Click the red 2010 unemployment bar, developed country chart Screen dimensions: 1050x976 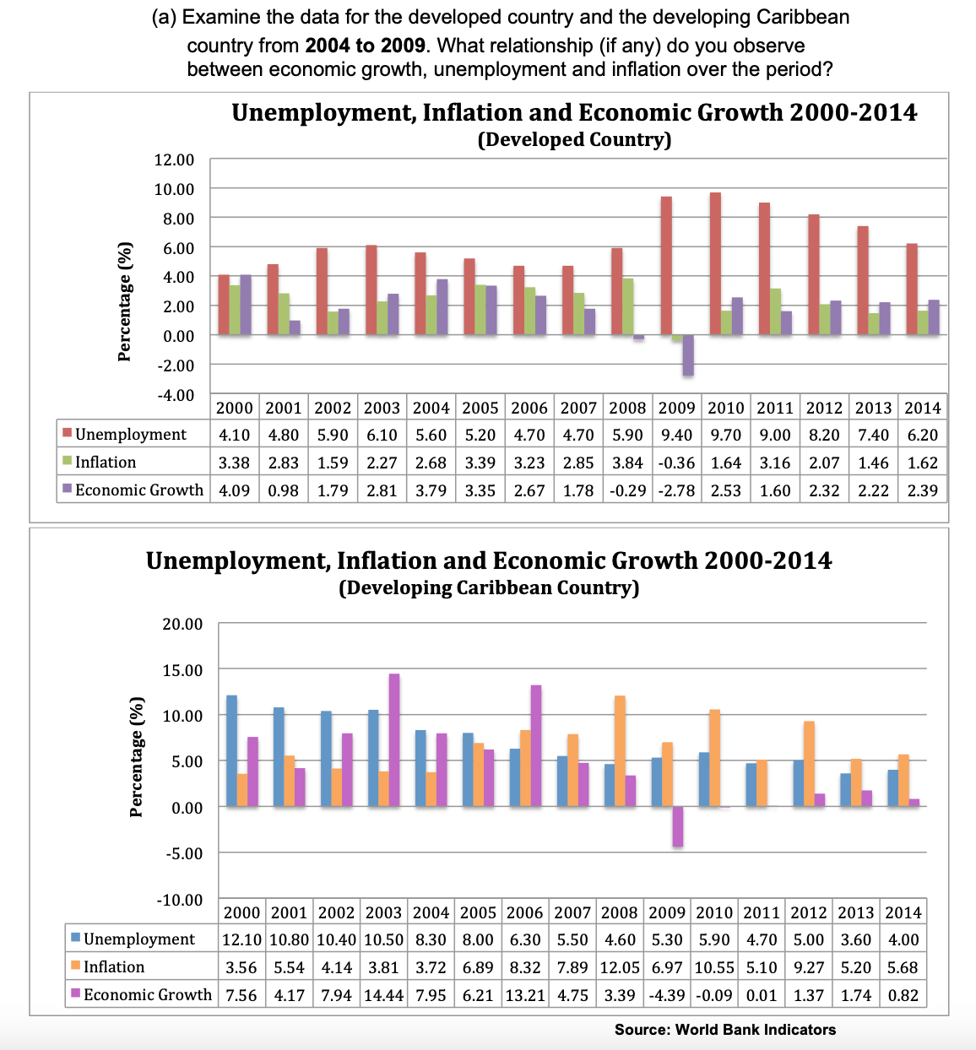[x=715, y=263]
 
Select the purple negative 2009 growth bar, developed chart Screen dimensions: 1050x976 [x=688, y=355]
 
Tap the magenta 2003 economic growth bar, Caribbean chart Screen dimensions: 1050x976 [x=394, y=739]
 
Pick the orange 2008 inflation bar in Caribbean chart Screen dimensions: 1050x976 [x=620, y=750]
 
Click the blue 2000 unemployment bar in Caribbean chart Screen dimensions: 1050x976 [x=231, y=750]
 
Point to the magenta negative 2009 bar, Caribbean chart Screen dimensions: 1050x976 [x=678, y=826]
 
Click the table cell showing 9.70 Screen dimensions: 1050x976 [x=725, y=435]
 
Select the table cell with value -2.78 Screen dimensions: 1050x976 [x=676, y=490]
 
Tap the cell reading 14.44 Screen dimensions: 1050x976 [x=383, y=995]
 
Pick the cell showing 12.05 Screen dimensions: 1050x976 [x=620, y=967]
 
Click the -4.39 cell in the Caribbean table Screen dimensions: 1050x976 [x=667, y=995]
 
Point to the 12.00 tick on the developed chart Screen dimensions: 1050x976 [x=174, y=160]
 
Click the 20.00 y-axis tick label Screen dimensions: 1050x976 [x=182, y=624]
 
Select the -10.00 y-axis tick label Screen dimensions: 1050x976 [x=180, y=900]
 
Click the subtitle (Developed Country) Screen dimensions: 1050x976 [x=574, y=139]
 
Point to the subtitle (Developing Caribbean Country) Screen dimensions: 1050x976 [x=489, y=587]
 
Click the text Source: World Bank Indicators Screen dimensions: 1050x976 [x=724, y=1030]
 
